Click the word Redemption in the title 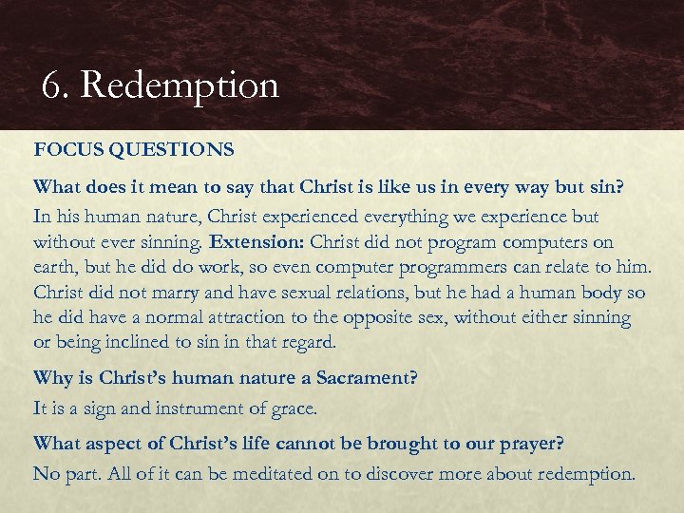180,85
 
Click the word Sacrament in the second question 365,378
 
